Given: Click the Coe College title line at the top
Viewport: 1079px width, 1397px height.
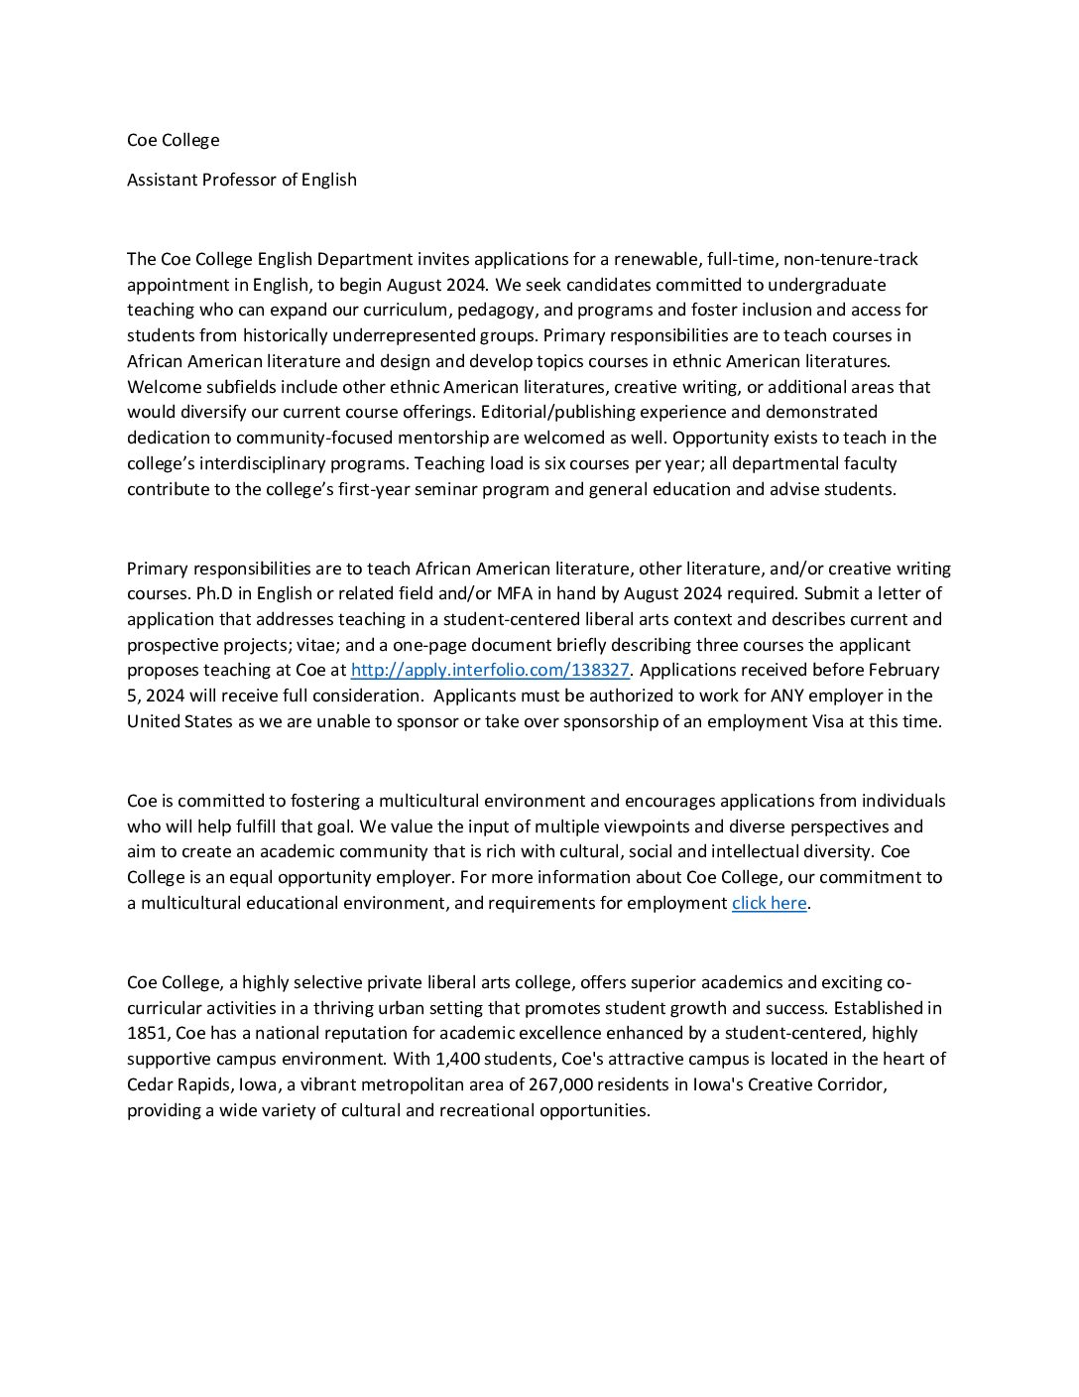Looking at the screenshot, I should (173, 140).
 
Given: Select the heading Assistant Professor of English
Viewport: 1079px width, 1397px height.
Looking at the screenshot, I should (241, 180).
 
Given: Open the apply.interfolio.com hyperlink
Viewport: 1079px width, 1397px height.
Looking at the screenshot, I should (490, 670).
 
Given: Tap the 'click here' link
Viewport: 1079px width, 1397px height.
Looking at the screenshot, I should (769, 903).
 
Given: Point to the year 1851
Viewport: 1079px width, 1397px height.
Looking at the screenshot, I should (148, 1033).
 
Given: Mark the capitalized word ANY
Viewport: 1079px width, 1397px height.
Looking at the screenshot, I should (787, 696).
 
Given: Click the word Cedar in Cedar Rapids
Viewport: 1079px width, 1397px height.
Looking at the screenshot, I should (150, 1084).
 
